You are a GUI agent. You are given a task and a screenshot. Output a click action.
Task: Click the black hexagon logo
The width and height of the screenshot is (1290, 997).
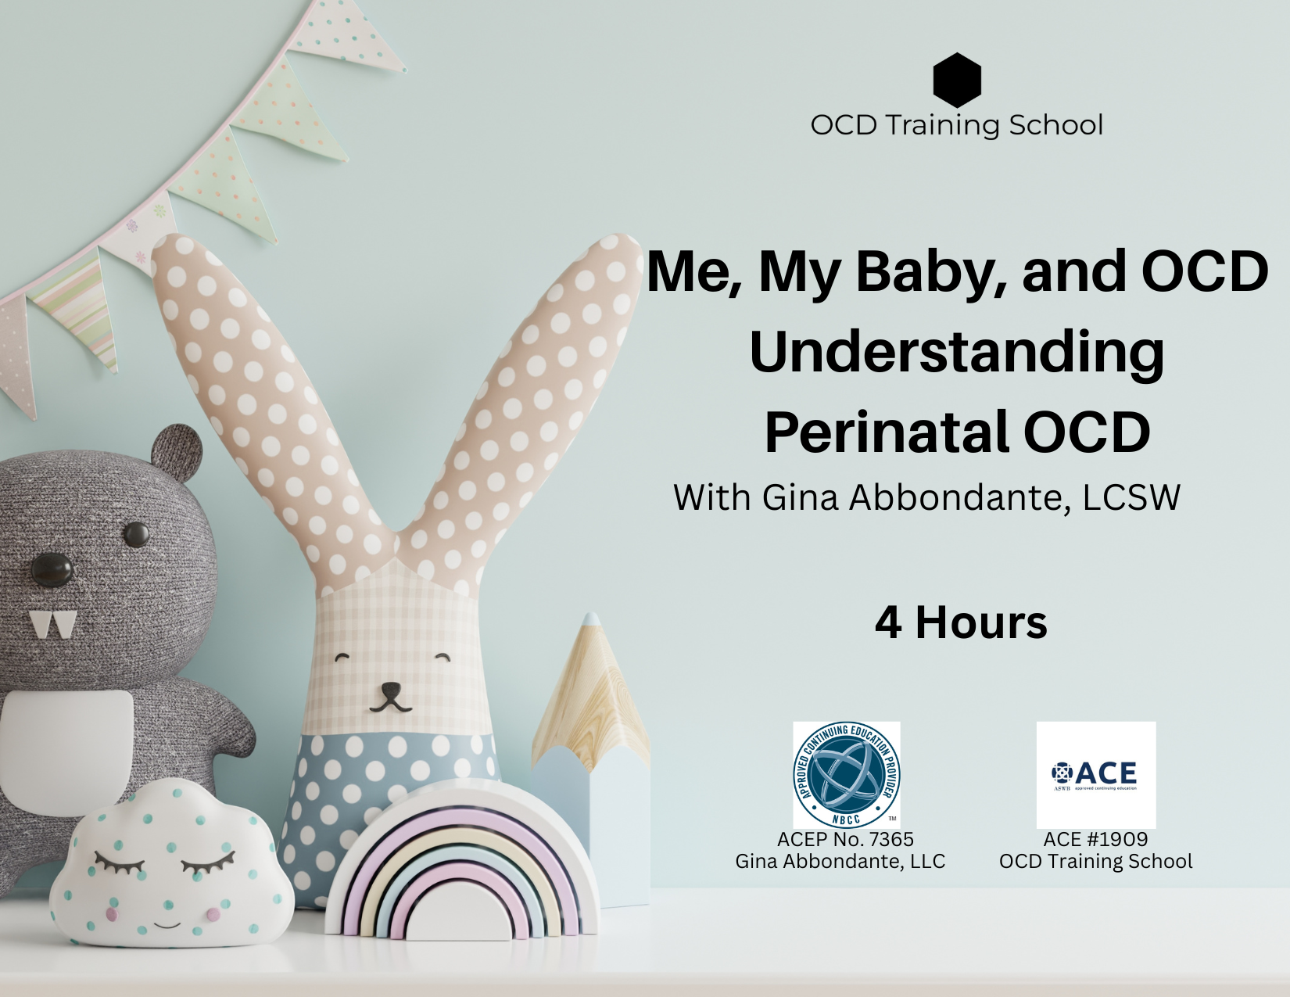(x=956, y=80)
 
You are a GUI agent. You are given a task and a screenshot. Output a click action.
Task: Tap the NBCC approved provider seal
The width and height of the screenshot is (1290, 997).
(x=846, y=774)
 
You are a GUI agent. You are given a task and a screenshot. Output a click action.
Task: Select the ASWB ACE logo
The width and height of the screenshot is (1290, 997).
(x=1095, y=774)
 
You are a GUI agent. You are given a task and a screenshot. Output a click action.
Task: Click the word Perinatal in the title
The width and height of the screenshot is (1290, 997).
(x=887, y=432)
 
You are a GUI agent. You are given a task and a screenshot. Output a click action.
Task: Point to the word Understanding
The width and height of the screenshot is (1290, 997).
(x=956, y=352)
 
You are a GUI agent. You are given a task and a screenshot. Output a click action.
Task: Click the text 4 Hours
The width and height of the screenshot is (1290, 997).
(x=961, y=622)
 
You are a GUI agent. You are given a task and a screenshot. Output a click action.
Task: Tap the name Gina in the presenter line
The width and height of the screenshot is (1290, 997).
(x=800, y=497)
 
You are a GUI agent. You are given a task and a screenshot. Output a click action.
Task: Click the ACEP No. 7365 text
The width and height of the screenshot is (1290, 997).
(x=845, y=839)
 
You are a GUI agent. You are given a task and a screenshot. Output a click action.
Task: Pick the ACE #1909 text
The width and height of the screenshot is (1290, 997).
(x=1095, y=839)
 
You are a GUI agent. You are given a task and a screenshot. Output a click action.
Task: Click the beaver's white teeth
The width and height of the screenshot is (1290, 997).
(x=52, y=623)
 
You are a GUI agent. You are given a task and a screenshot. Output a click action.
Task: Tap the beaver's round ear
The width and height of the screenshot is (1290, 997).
(x=177, y=452)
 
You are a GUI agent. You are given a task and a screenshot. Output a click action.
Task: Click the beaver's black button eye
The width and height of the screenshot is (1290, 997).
(x=137, y=535)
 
